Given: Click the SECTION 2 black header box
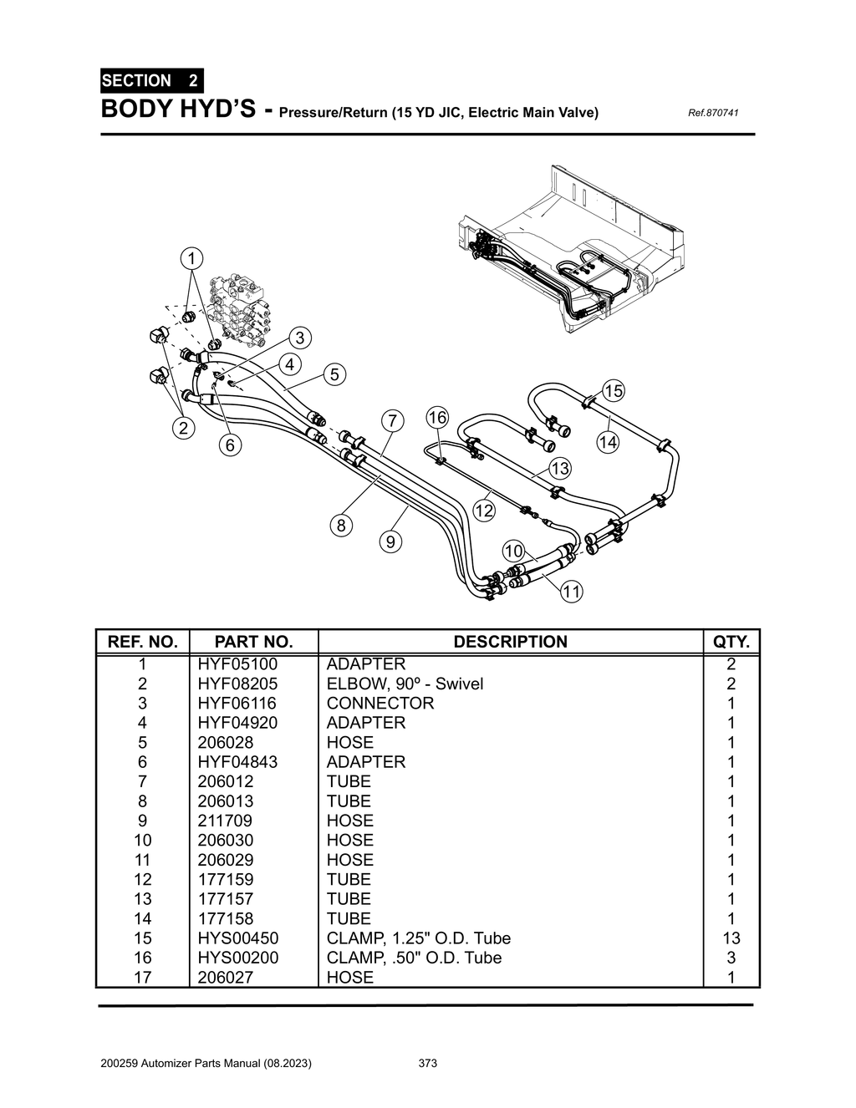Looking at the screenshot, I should tap(150, 81).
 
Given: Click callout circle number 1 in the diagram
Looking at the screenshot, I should tap(191, 257).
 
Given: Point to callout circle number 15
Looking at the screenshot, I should tap(614, 390).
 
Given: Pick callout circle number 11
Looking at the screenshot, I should tap(571, 592).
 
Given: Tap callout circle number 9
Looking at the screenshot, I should tap(390, 542).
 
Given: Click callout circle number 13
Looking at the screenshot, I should tap(559, 468).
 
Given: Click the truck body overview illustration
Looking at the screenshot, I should tap(568, 251).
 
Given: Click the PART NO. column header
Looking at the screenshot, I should tap(253, 642).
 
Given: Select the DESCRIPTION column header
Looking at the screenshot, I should tap(510, 642).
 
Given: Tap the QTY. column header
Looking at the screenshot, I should tap(731, 642).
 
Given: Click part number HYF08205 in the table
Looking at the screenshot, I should tap(237, 684).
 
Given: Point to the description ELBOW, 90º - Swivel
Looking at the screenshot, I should tap(405, 684).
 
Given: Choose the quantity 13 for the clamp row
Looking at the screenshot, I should tap(731, 938).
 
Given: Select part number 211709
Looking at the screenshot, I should tap(225, 821).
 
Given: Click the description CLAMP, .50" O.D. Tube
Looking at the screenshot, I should tap(414, 958).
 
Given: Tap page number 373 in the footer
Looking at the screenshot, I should tap(427, 1064).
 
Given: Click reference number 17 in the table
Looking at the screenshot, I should tap(143, 977).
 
